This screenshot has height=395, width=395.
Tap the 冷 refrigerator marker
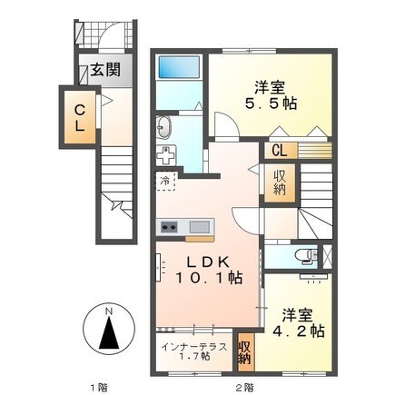click(165, 181)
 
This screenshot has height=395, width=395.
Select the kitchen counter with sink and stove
click(185, 226)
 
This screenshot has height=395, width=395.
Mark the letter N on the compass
click(109, 313)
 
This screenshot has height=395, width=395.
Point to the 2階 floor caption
click(244, 388)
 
